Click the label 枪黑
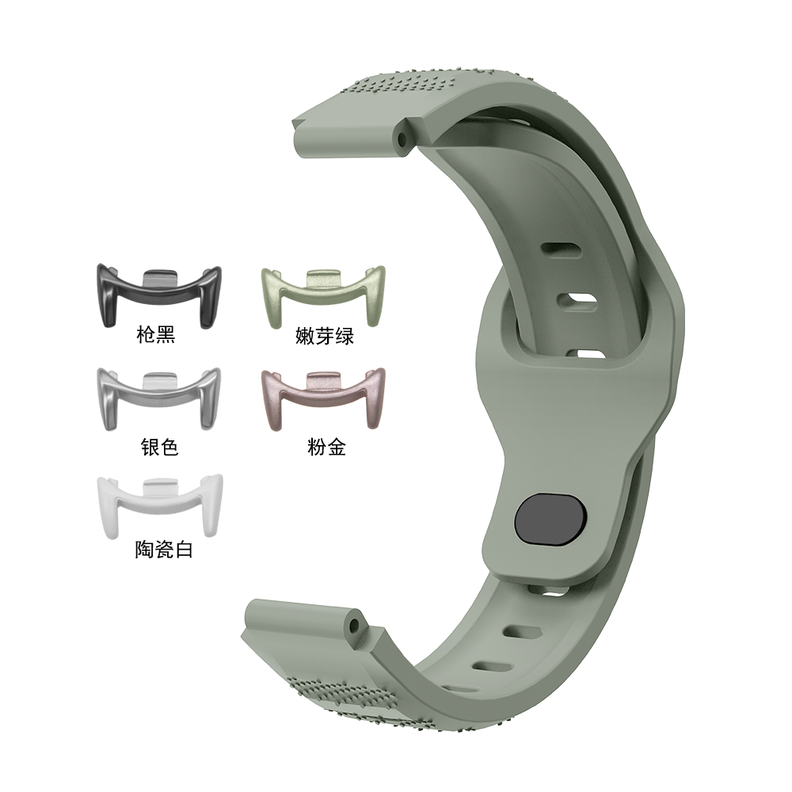tap(156, 335)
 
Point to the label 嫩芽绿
tap(325, 336)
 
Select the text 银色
tap(160, 447)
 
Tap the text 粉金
tap(326, 447)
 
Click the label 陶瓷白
tap(164, 550)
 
